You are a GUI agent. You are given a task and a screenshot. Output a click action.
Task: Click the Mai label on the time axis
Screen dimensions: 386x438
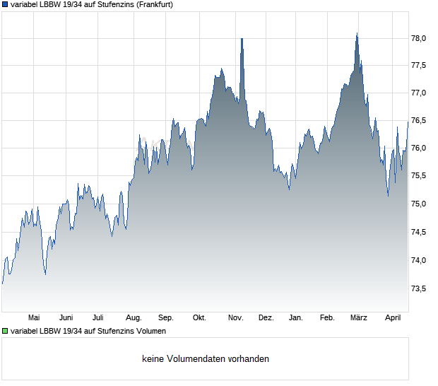click(x=34, y=318)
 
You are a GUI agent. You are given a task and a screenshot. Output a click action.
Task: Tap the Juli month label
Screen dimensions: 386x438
click(x=98, y=318)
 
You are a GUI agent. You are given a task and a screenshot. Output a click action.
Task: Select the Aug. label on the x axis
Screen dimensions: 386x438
click(x=134, y=318)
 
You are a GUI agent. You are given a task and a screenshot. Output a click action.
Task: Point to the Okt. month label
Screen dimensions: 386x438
click(x=199, y=318)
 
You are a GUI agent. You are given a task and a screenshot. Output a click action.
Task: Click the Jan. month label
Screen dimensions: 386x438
click(x=296, y=318)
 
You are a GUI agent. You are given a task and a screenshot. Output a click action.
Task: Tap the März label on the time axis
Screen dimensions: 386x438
click(x=360, y=318)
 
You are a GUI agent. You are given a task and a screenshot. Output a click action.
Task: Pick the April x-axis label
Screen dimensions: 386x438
click(x=392, y=318)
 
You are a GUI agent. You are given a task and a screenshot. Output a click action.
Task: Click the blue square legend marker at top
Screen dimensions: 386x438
click(x=5, y=4)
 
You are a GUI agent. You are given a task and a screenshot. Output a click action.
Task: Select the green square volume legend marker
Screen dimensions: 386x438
click(x=5, y=331)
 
